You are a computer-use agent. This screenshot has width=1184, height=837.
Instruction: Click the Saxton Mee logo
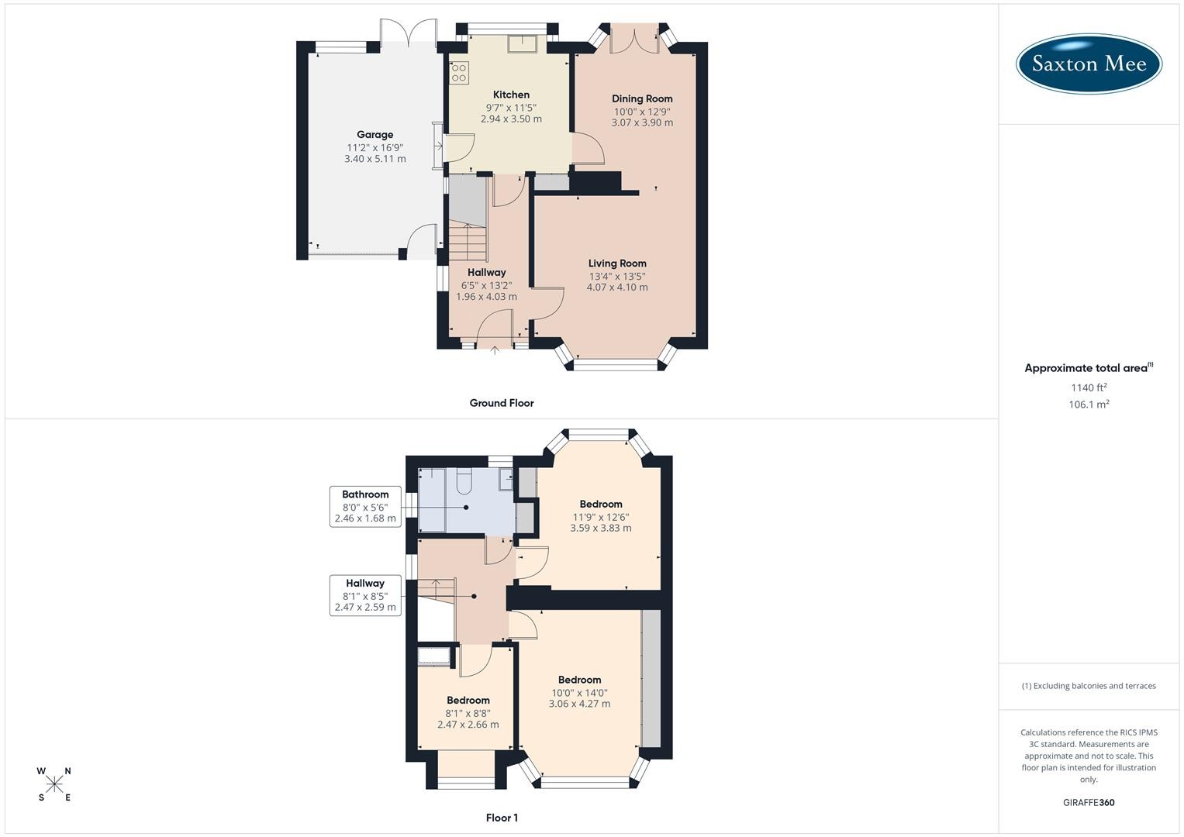(1089, 64)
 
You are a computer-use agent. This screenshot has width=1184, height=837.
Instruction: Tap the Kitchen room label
(511, 95)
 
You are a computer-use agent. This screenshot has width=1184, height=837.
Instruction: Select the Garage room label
(375, 135)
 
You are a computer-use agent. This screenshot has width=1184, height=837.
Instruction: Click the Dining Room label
(642, 99)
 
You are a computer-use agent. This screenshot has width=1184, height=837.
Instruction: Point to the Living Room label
(617, 263)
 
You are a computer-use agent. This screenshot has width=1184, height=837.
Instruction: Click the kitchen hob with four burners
(459, 73)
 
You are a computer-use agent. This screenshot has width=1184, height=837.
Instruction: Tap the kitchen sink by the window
(523, 44)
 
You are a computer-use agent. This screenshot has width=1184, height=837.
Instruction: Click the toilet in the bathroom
(464, 481)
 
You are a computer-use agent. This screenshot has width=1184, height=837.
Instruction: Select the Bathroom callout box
(365, 507)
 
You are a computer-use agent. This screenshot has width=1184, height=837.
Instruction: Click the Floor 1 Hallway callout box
(365, 595)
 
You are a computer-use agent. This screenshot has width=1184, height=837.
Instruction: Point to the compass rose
(54, 784)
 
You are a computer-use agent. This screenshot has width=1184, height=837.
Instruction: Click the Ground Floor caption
(502, 403)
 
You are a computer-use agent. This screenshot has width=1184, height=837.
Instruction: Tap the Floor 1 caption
(502, 818)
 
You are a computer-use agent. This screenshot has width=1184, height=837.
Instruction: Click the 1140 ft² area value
(1089, 387)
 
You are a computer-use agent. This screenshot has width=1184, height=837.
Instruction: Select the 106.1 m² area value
(1089, 405)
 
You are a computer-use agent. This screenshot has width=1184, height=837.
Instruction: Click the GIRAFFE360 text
(1089, 803)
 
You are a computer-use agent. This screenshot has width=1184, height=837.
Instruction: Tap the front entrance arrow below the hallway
(495, 350)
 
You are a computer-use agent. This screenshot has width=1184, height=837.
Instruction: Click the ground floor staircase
(468, 242)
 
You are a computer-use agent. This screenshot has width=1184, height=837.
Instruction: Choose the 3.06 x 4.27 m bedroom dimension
(579, 704)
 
